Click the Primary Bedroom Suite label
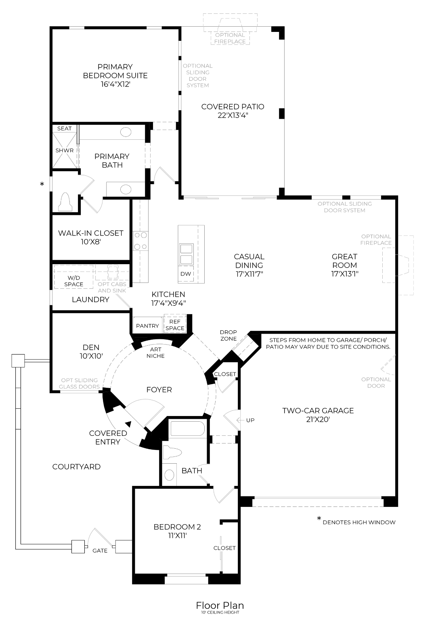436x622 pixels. click(x=115, y=71)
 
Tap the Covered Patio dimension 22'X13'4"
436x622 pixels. click(x=233, y=116)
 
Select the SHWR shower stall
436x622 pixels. click(x=65, y=150)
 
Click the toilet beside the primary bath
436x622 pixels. click(x=65, y=202)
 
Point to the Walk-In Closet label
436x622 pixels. click(x=90, y=233)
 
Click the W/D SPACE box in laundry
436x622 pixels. click(x=73, y=277)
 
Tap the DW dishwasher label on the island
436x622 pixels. click(x=186, y=274)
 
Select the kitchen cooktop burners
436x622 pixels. click(x=140, y=241)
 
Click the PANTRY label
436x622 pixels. click(x=147, y=326)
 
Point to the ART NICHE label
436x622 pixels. click(x=155, y=353)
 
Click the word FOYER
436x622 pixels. click(x=159, y=390)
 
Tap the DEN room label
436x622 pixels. click(x=91, y=347)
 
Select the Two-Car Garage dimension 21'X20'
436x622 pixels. click(x=318, y=419)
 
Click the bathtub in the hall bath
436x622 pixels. click(x=188, y=429)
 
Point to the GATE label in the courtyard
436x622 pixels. click(x=100, y=551)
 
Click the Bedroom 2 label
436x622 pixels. click(x=177, y=527)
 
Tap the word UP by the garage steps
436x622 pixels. click(x=250, y=420)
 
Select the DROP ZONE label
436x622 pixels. click(x=228, y=335)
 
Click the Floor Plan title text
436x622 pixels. click(x=220, y=605)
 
